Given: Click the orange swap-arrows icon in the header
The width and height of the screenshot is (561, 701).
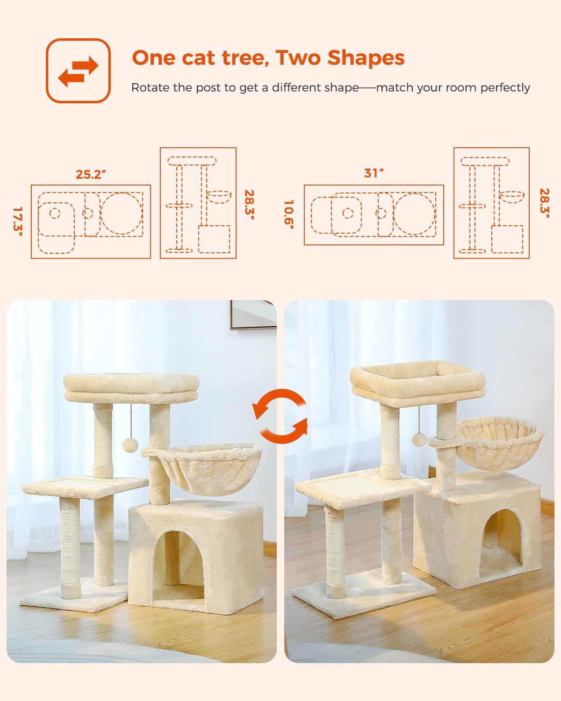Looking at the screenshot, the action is tap(78, 71).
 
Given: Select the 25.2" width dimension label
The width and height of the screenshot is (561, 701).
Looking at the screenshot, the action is tap(91, 174).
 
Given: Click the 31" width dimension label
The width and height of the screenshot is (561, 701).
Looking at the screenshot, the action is tap(374, 173).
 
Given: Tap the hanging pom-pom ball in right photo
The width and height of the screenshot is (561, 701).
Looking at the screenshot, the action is tap(419, 439).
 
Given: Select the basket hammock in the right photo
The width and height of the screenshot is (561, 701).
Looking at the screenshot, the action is tap(500, 443).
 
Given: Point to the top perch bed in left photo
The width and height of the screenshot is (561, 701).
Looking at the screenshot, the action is tap(131, 388).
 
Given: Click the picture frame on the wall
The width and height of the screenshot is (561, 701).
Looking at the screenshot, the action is tap(253, 315).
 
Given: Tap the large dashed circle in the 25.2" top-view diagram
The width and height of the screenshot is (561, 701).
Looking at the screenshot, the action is tap(122, 213).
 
